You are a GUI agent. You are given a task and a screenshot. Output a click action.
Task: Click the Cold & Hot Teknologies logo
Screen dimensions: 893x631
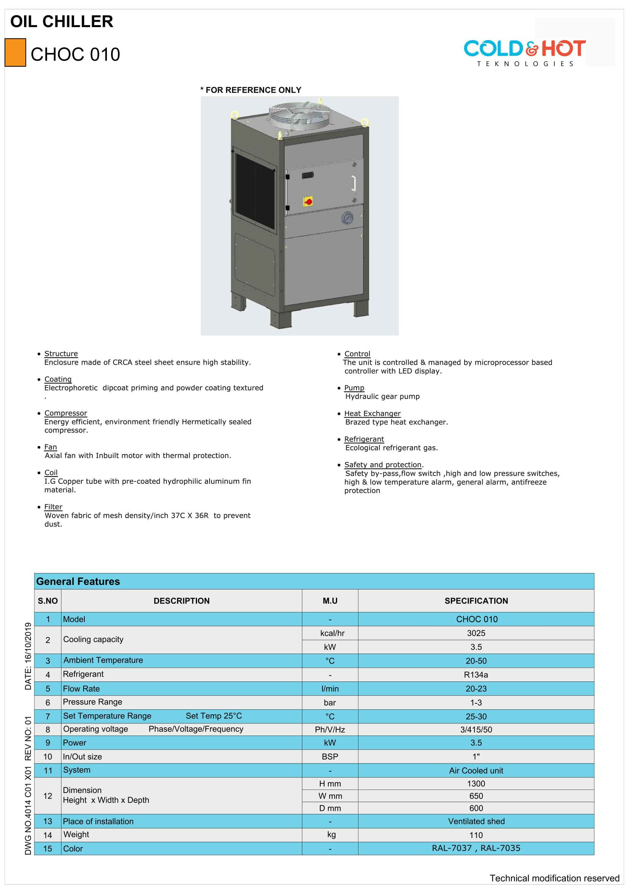(x=524, y=53)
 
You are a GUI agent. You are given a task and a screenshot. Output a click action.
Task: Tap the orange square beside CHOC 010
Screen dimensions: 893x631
(x=15, y=53)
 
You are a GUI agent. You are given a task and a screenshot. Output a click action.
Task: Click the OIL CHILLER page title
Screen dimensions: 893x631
(x=61, y=21)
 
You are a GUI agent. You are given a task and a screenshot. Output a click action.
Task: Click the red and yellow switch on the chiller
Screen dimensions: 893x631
(x=308, y=202)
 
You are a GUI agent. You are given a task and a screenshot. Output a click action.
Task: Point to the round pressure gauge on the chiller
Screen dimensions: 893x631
(x=347, y=218)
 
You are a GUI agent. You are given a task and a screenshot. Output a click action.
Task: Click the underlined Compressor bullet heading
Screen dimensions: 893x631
(x=66, y=413)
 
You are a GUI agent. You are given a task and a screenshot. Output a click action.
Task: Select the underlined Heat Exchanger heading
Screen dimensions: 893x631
(x=372, y=413)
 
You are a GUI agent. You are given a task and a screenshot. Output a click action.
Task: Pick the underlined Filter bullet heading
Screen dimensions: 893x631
(x=53, y=507)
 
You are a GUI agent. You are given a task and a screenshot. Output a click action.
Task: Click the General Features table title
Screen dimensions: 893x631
(x=78, y=581)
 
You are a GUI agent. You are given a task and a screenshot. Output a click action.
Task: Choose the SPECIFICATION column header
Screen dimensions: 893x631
(x=476, y=601)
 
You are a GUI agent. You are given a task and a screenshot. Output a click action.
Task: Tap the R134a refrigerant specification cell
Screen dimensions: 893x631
(x=476, y=675)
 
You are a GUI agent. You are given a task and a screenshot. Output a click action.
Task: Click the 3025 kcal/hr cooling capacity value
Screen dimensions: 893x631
(x=476, y=633)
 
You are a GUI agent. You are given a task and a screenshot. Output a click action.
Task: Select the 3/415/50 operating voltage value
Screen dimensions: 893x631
(x=476, y=730)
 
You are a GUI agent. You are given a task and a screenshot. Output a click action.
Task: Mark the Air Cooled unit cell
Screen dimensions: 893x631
(x=476, y=770)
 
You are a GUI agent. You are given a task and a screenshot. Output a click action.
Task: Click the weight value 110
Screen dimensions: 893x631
(x=476, y=835)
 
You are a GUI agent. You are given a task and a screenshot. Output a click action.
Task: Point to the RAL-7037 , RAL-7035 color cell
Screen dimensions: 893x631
(x=476, y=848)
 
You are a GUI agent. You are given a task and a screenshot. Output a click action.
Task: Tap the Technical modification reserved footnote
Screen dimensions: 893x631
(x=554, y=878)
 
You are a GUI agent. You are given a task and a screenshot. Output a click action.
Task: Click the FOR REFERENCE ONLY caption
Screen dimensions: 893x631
(x=251, y=90)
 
